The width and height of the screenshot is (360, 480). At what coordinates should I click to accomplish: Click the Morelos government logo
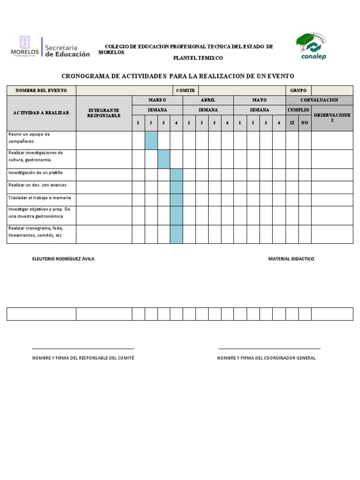coord(25,47)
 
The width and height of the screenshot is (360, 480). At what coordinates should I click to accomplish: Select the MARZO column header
coord(157,100)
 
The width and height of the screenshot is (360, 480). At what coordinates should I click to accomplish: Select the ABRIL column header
coord(208,100)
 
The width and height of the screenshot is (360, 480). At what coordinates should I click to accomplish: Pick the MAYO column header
coord(259,100)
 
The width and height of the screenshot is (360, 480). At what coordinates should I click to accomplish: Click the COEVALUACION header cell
coord(319,100)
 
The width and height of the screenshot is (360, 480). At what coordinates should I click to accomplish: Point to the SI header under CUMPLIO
coord(292,123)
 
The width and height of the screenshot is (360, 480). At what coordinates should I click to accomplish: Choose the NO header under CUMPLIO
coord(305,123)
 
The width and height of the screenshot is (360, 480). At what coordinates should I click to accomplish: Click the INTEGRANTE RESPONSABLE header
coord(104,113)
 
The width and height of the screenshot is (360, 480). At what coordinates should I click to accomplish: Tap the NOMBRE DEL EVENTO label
coord(41,90)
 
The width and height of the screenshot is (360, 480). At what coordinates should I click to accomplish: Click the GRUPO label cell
coord(298,90)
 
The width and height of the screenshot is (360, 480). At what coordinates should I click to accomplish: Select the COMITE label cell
coord(185,90)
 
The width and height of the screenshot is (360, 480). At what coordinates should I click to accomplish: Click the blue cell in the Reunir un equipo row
coord(151,140)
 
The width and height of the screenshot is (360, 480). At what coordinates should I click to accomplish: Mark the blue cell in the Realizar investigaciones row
coord(164,159)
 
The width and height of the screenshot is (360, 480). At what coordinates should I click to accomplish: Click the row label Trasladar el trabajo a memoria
coord(40,198)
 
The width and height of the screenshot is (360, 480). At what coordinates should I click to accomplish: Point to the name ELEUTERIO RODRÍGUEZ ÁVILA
coord(63,259)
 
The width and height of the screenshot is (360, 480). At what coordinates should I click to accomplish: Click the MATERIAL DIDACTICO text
coord(291,259)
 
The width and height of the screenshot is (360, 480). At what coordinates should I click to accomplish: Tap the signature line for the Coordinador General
coord(269,348)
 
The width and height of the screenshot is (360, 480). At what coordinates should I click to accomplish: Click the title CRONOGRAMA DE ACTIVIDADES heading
coord(178,76)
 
